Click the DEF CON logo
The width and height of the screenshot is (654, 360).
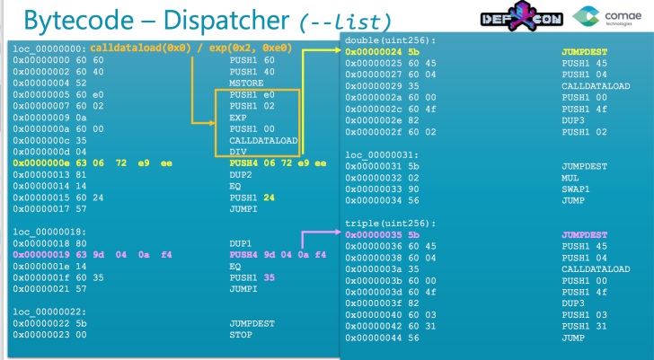[x=522, y=16]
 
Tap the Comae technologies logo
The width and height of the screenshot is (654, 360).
[x=607, y=16]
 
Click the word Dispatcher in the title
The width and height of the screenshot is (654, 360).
[x=226, y=20]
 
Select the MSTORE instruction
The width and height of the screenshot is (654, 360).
[x=246, y=83]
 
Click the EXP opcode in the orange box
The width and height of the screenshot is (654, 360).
[x=238, y=118]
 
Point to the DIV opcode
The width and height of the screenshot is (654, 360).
[x=238, y=152]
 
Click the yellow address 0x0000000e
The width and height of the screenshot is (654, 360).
[x=41, y=163]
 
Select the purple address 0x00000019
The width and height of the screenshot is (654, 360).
[x=41, y=255]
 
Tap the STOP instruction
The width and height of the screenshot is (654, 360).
[x=241, y=335]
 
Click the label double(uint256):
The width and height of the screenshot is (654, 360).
[x=390, y=40]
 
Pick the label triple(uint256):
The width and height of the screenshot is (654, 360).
[x=389, y=224]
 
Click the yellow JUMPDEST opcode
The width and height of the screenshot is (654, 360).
[x=584, y=52]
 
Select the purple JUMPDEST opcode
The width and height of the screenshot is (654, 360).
[x=584, y=235]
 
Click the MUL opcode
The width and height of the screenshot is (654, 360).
[x=570, y=178]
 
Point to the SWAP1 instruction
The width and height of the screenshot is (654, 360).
[x=576, y=189]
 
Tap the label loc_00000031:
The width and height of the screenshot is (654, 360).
[x=381, y=155]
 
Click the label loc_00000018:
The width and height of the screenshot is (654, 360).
[x=49, y=233]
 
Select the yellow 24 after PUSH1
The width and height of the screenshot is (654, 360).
[x=269, y=198]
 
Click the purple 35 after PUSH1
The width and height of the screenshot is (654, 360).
[x=269, y=277]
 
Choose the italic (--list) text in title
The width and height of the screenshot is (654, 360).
[x=346, y=22]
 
